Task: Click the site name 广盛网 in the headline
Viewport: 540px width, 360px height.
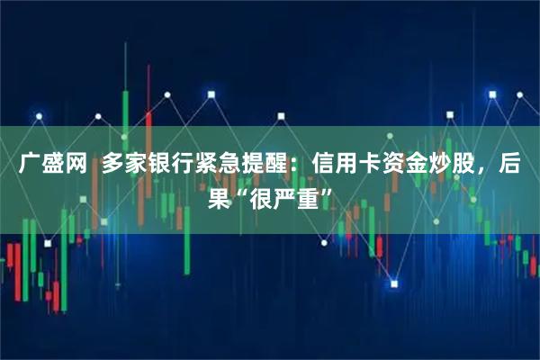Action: point(50,165)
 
